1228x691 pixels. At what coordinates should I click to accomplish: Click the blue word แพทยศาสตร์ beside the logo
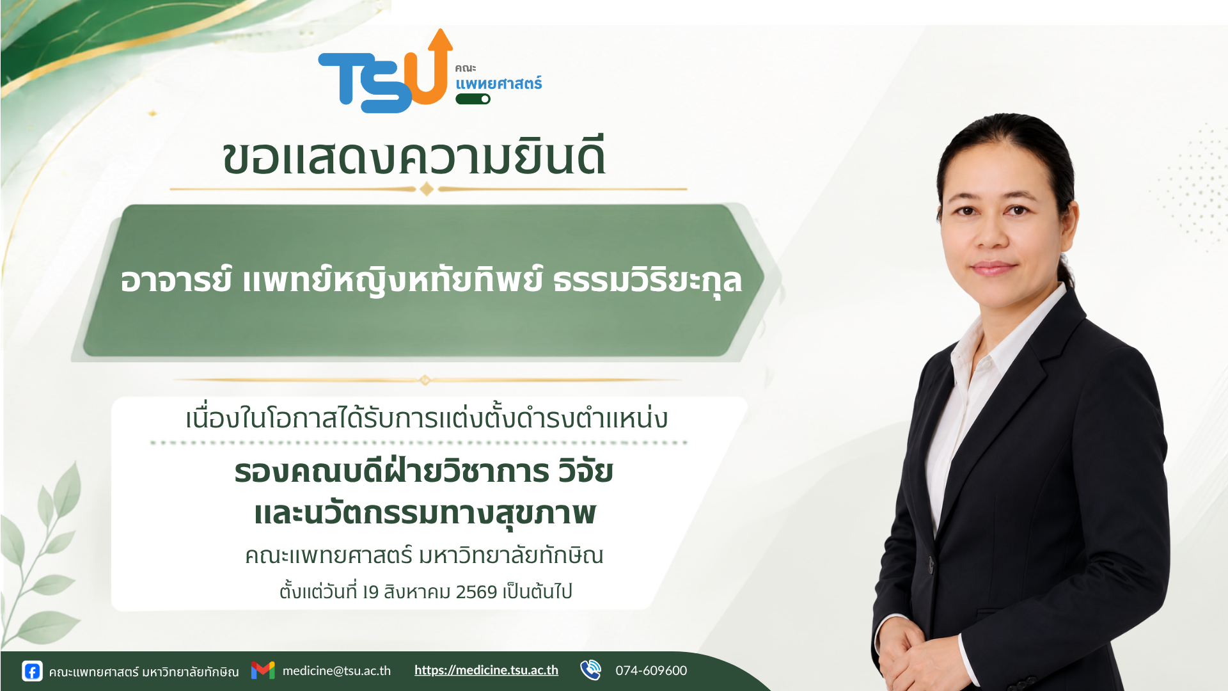pos(498,83)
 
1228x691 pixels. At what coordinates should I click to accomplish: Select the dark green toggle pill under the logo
pos(473,99)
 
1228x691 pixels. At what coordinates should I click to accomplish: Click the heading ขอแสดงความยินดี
pos(414,156)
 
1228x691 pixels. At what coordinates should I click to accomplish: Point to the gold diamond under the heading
pos(427,189)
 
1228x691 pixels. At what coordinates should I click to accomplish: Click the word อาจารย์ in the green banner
pos(176,280)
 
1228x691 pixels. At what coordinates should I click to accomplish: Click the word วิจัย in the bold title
pos(585,471)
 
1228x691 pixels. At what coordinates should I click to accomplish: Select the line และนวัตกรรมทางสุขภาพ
pos(425,513)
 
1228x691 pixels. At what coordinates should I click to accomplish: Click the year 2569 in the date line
pos(476,592)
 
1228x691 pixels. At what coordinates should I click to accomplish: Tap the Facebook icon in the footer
pos(32,671)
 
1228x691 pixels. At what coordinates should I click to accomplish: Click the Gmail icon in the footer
pos(263,670)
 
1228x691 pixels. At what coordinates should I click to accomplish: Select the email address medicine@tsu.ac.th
pos(336,671)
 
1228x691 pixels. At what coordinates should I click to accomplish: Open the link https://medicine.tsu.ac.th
pos(486,670)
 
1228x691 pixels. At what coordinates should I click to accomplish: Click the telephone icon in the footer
pos(590,670)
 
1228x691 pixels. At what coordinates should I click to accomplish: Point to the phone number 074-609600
pos(651,671)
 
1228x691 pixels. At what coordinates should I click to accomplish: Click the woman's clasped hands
pos(921,659)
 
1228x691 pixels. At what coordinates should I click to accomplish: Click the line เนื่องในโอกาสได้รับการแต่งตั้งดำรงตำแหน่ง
pos(427,418)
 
